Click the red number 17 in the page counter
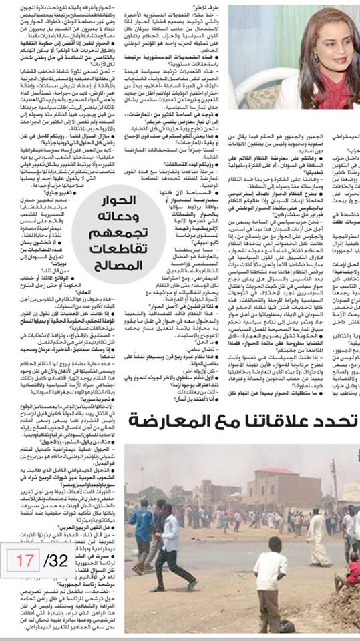[25, 560]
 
